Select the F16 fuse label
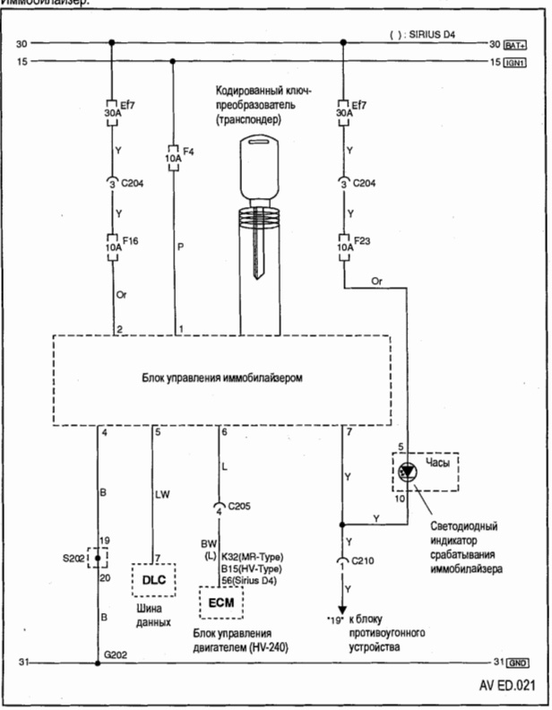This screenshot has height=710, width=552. pyautogui.click(x=132, y=240)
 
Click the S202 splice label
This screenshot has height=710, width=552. pyautogui.click(x=73, y=555)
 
